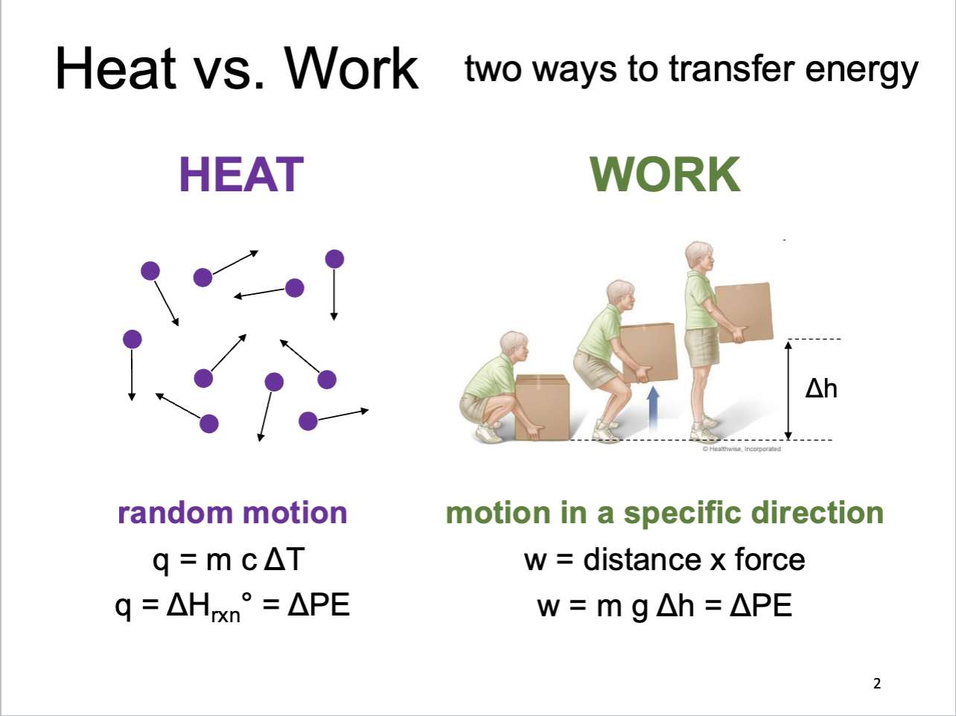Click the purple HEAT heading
click(241, 174)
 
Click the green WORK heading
click(664, 174)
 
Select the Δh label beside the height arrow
click(821, 388)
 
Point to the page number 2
click(877, 683)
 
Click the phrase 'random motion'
click(232, 513)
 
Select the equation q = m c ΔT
click(228, 560)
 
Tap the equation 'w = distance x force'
click(664, 560)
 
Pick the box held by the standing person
click(743, 311)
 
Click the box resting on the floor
click(542, 408)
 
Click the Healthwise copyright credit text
click(742, 449)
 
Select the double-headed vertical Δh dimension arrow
click(789, 389)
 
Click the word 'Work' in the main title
click(352, 69)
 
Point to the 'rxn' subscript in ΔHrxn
click(225, 616)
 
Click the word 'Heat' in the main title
click(115, 69)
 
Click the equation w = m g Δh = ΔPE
click(664, 606)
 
